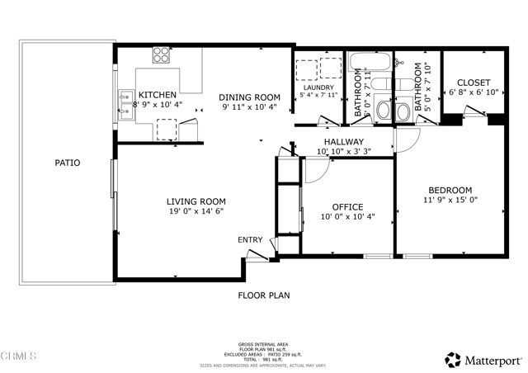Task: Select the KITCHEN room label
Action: tap(157, 95)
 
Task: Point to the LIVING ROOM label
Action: tap(196, 201)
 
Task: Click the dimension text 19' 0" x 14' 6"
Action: tap(196, 211)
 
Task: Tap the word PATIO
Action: tap(68, 163)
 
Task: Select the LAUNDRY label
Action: tap(318, 87)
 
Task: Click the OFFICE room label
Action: tap(347, 207)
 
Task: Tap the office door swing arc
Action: tap(317, 171)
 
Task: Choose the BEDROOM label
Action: tap(450, 190)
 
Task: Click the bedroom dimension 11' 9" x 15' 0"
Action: tap(450, 200)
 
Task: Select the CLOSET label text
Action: tap(473, 83)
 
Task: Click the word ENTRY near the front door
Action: tap(250, 240)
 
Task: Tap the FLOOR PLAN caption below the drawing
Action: tap(264, 295)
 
